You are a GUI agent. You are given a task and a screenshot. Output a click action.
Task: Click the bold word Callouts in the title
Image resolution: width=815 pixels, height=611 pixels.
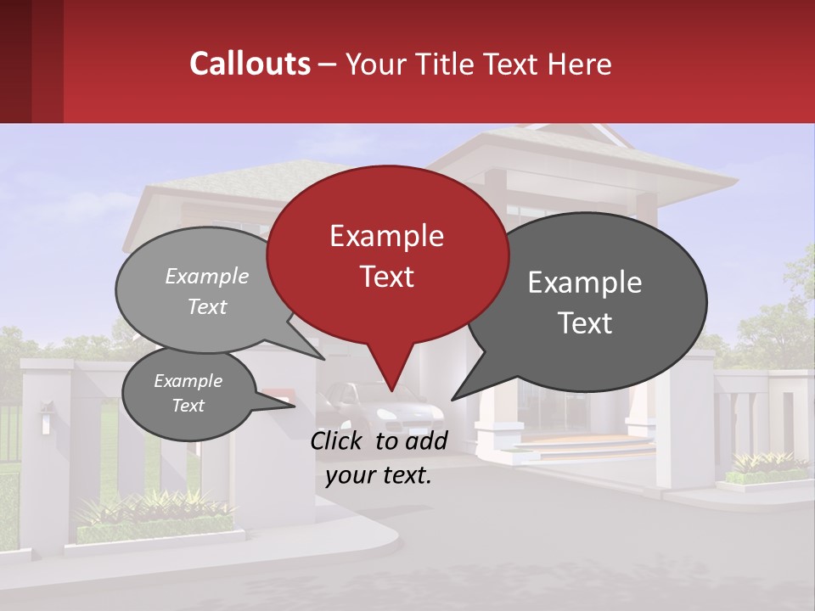click(250, 64)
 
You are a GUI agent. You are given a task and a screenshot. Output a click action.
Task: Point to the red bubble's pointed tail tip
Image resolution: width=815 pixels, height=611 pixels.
click(391, 390)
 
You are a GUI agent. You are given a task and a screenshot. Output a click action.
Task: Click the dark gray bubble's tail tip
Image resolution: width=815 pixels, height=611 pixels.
click(452, 399)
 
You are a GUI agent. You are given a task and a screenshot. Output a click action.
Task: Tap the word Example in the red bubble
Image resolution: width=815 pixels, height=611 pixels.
click(386, 236)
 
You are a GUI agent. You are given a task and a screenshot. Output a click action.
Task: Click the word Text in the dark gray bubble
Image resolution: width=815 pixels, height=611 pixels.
click(585, 323)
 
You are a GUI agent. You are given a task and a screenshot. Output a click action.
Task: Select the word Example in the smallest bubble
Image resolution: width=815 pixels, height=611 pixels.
click(188, 381)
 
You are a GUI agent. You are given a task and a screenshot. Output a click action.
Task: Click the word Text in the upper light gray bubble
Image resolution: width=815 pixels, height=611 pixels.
click(207, 307)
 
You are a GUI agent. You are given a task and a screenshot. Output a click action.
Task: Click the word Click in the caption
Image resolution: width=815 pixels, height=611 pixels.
click(337, 440)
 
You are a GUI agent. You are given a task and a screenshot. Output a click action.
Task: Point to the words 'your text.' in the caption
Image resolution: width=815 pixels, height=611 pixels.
click(379, 475)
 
